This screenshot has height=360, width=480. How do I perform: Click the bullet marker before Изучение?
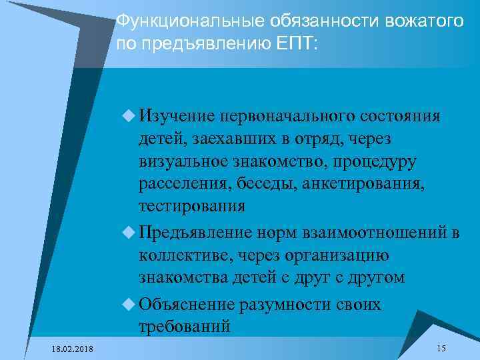point(129,117)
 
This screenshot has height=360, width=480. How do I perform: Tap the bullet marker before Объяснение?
point(129,305)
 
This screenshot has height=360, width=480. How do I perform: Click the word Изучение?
point(177,117)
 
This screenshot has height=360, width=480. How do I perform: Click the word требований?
point(185,327)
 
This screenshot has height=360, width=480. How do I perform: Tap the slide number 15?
point(441,349)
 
